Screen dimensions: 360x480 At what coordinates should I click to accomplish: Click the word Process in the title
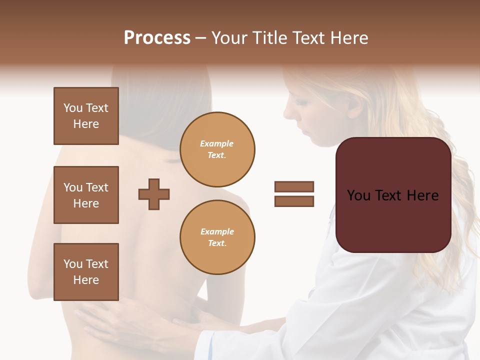coord(157,38)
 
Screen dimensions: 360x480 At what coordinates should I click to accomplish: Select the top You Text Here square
coord(86,116)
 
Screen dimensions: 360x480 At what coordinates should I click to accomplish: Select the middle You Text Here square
coord(86,195)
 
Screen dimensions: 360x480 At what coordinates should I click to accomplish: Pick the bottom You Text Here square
coord(86,272)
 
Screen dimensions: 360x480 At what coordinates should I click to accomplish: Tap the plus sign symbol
coord(154,194)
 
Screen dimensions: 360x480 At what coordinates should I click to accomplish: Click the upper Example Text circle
coord(217,149)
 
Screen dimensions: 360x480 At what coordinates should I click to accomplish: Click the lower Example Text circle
coord(217,237)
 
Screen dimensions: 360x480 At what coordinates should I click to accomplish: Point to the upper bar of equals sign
coord(294,186)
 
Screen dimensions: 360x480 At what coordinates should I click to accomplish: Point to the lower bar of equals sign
coord(294,201)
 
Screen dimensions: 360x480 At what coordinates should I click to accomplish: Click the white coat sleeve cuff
coord(206,345)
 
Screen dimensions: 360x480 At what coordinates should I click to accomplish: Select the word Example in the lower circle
coord(217,231)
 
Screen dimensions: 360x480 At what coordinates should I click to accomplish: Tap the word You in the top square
coord(73,108)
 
